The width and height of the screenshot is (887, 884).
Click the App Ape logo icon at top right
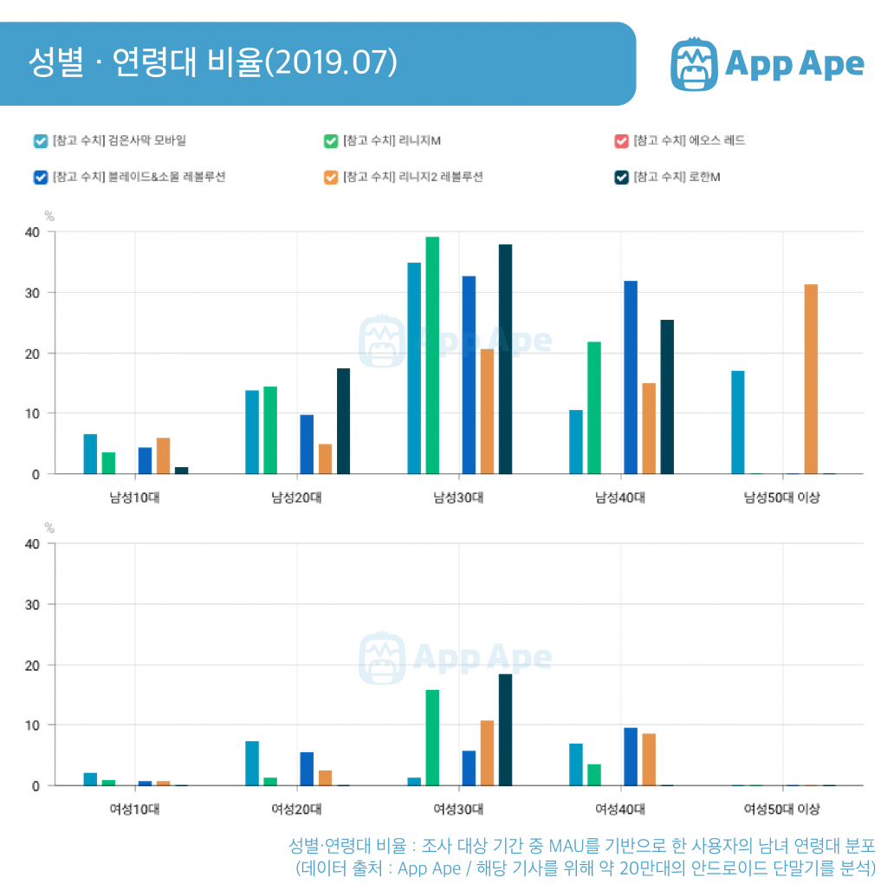(x=695, y=63)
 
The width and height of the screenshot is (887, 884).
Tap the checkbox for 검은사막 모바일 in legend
(x=40, y=140)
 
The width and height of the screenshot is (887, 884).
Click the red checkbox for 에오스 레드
(x=620, y=140)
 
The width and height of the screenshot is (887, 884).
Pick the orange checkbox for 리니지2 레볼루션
(x=330, y=177)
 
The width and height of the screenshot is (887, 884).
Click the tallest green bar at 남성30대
(x=432, y=355)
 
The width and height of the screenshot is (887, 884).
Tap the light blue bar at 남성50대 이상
(x=738, y=422)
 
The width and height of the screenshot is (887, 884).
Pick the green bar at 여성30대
(x=432, y=738)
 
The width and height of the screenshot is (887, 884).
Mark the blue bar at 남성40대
(x=631, y=377)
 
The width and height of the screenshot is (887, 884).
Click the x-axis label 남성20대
(x=296, y=497)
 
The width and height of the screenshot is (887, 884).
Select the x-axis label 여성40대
(x=620, y=809)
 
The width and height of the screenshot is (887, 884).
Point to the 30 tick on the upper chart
(x=31, y=293)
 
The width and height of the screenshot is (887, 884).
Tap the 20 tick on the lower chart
(x=31, y=665)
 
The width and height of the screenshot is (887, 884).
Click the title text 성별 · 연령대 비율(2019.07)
(x=212, y=63)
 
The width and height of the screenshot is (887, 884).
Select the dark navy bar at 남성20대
(x=343, y=421)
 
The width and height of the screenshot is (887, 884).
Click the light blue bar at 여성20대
(x=252, y=763)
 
